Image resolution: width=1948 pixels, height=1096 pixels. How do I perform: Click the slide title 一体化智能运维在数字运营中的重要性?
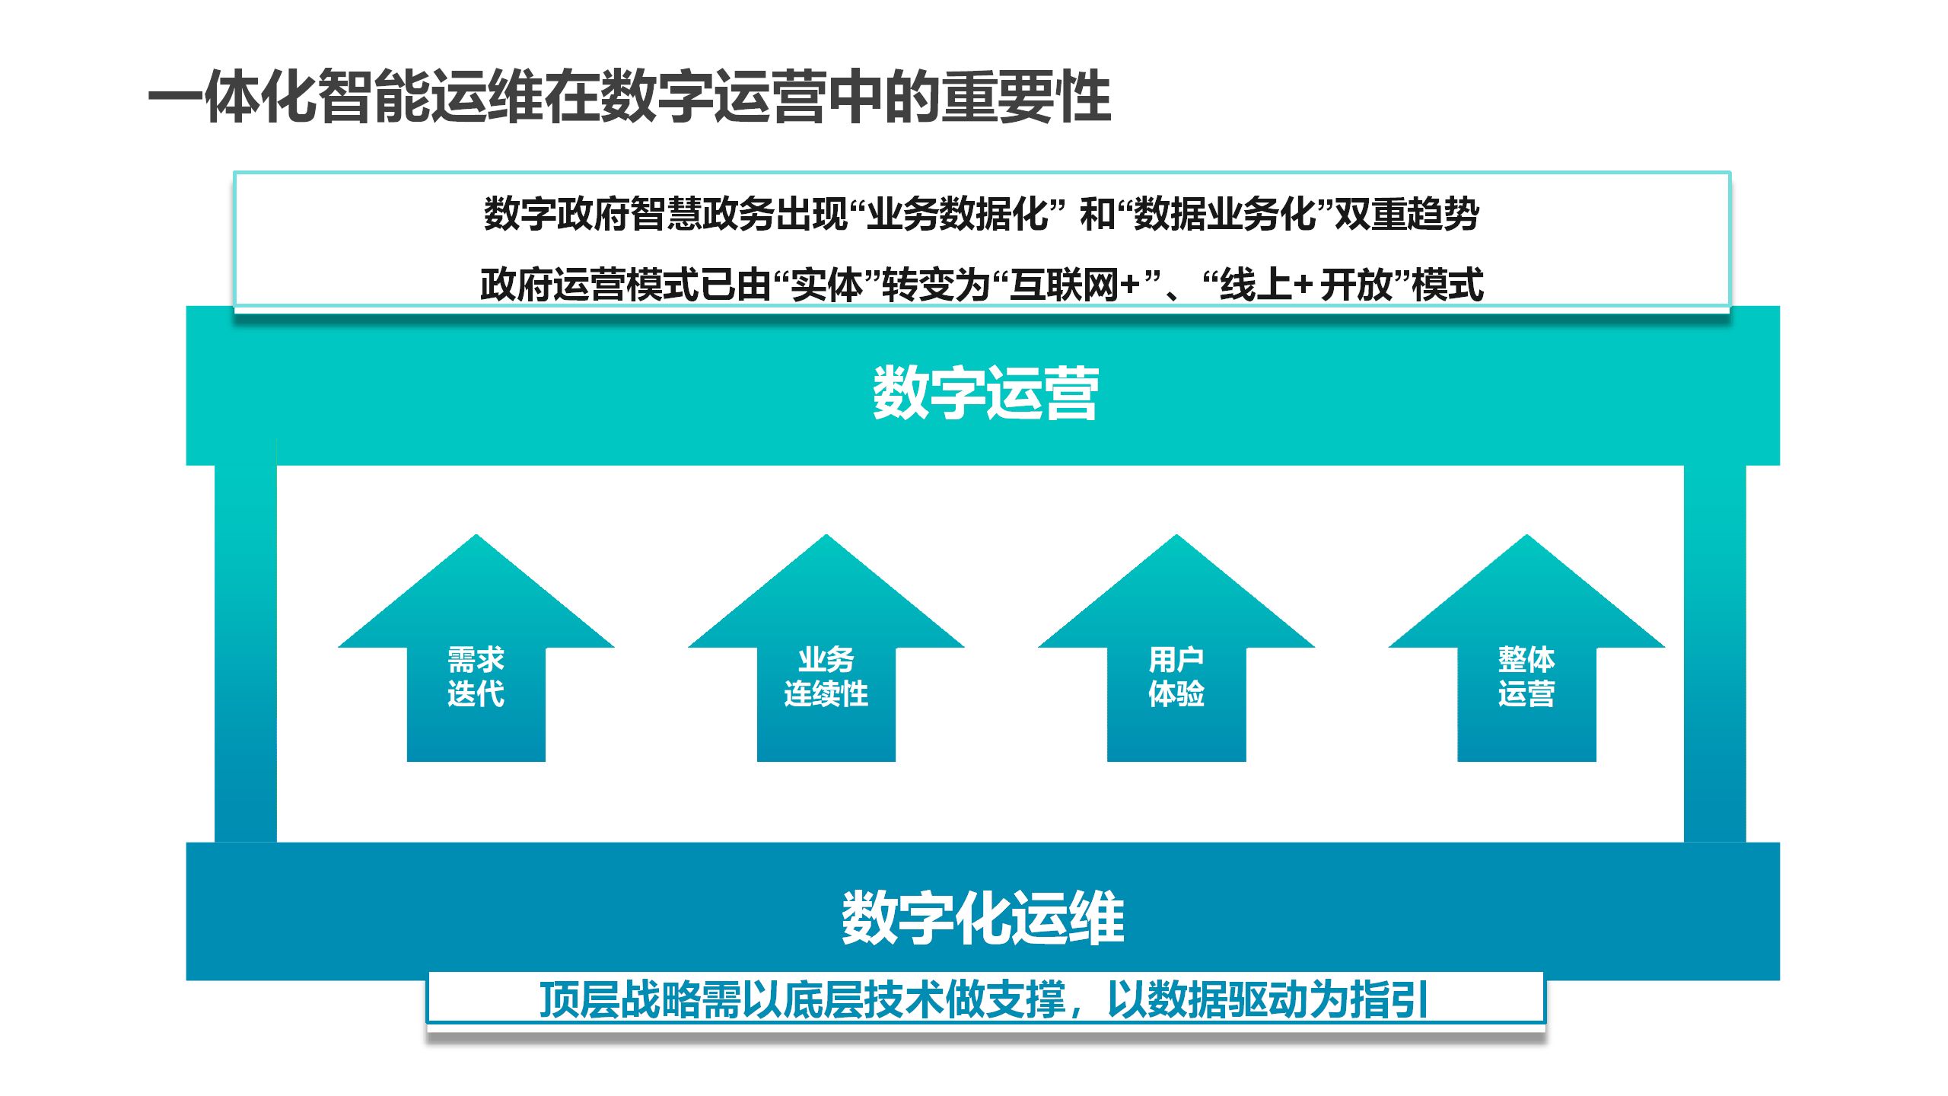(629, 97)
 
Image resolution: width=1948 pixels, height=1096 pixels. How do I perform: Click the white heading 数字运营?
(985, 393)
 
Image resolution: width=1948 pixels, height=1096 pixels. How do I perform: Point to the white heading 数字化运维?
(982, 918)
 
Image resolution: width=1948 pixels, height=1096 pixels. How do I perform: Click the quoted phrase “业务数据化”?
(957, 214)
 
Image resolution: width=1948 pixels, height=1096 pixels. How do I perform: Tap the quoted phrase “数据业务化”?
(1225, 214)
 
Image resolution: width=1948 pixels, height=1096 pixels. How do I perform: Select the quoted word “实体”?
(827, 285)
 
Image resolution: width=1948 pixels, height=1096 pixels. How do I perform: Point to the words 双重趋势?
(1407, 214)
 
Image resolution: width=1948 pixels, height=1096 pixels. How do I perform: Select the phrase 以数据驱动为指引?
(1267, 999)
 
